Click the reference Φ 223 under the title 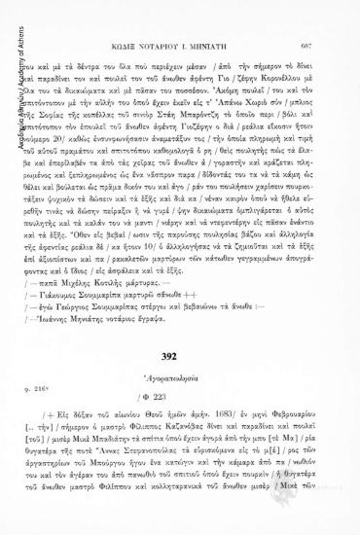pyautogui.click(x=185, y=423)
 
